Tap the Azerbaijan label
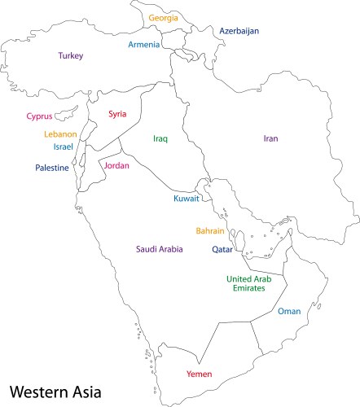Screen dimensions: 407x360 pos(239,31)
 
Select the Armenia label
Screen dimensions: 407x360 pos(143,45)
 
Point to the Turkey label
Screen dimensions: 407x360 pos(70,56)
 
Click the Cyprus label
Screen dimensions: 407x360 pos(39,116)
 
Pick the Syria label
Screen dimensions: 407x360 pos(117,114)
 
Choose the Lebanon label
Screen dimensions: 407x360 pos(61,133)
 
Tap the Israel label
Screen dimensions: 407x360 pos(63,147)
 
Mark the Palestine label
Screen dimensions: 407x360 pos(51,168)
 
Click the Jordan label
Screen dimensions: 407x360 pos(116,165)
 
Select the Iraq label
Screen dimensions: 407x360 pos(160,138)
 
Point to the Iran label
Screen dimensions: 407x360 pos(270,138)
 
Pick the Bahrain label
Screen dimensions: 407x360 pos(210,230)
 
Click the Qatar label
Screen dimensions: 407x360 pos(222,250)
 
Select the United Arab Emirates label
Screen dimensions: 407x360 pos(246,283)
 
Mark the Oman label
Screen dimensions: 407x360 pos(289,311)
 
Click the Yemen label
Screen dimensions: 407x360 pos(200,374)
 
